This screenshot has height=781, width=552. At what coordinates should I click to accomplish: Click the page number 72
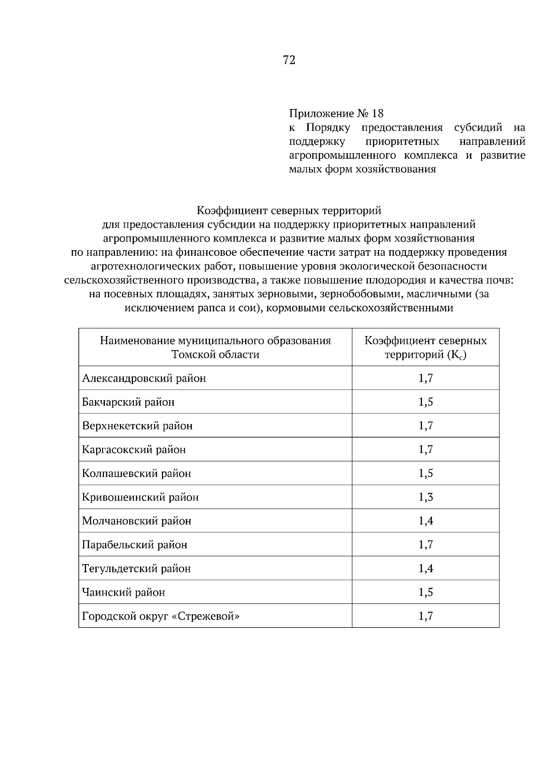pyautogui.click(x=289, y=60)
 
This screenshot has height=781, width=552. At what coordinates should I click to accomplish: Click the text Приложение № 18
pyautogui.click(x=336, y=113)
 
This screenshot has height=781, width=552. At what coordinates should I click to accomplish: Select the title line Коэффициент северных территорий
pyautogui.click(x=289, y=211)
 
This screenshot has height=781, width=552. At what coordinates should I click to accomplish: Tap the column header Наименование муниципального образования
pyautogui.click(x=215, y=341)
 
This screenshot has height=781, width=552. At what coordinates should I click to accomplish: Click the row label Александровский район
pyautogui.click(x=144, y=379)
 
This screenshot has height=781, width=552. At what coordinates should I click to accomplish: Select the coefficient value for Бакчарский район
pyautogui.click(x=425, y=402)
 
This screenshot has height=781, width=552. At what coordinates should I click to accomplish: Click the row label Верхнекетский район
pyautogui.click(x=137, y=426)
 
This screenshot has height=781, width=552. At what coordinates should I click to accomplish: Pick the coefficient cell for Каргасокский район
pyautogui.click(x=425, y=449)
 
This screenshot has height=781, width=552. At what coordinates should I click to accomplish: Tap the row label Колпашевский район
pyautogui.click(x=136, y=473)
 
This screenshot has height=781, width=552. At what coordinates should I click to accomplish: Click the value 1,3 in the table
pyautogui.click(x=425, y=497)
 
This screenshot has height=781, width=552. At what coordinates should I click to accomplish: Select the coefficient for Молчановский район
pyautogui.click(x=425, y=521)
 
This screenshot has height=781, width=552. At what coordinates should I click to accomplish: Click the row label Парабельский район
pyautogui.click(x=134, y=545)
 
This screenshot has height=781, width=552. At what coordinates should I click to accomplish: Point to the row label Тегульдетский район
pyautogui.click(x=136, y=569)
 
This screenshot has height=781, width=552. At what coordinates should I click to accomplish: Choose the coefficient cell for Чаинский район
pyautogui.click(x=425, y=592)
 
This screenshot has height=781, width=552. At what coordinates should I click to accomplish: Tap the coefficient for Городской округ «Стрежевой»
pyautogui.click(x=425, y=616)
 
